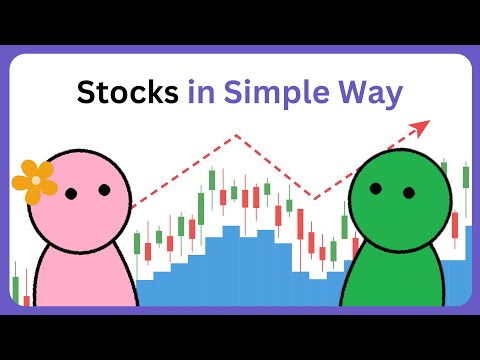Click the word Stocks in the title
127,93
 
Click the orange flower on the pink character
35,181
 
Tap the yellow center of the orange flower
36,181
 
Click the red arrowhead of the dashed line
421,127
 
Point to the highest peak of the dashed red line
237,135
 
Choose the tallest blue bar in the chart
230,265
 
